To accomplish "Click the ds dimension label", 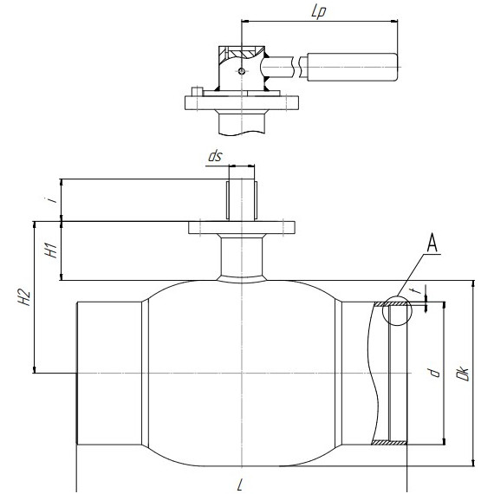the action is coord(215,156).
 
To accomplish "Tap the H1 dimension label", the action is coord(52,250).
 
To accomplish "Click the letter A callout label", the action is coord(432,244).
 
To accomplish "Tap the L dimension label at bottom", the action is coord(240,484).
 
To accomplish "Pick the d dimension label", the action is coord(435,373).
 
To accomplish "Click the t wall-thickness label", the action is coord(418,290).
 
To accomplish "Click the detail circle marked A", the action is coord(382,310).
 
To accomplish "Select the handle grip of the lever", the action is coord(352,67).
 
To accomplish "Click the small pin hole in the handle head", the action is coord(241,71).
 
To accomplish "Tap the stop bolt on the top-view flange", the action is coord(197,91).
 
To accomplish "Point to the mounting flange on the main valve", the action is coord(242,227).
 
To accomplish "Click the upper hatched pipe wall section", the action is coord(390,304).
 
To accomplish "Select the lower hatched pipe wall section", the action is coord(389,442).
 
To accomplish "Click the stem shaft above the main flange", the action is coord(242,199).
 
